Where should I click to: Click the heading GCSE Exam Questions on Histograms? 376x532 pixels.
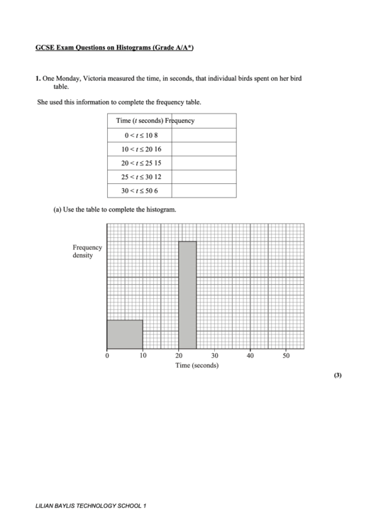(x=114, y=48)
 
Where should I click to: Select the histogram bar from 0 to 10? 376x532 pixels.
(x=125, y=335)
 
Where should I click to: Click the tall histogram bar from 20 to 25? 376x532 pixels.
(x=187, y=295)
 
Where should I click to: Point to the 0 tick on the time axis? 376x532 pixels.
(x=107, y=356)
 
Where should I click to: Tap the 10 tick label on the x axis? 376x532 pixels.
(x=143, y=356)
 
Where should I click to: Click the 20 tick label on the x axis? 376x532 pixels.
(x=179, y=356)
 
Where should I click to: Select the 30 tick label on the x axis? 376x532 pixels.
(x=214, y=356)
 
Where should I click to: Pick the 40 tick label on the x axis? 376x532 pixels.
(x=250, y=356)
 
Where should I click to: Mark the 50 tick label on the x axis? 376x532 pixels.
(x=286, y=356)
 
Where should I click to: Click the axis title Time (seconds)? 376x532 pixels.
(x=197, y=366)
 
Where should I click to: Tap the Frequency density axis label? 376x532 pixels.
(x=87, y=251)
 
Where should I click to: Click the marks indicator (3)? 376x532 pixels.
(x=337, y=376)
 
